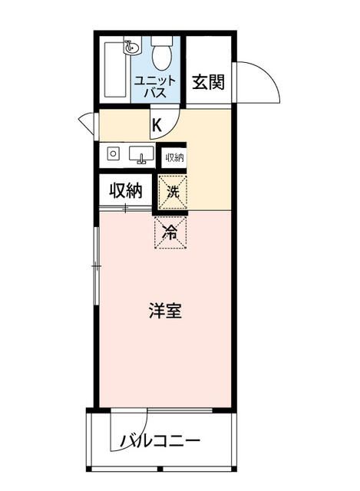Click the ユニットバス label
[156, 86]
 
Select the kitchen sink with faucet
[140, 156]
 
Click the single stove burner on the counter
[114, 154]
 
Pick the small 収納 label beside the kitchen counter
[174, 157]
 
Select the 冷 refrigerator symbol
[170, 232]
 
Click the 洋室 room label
[165, 311]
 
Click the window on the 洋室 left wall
[96, 265]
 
